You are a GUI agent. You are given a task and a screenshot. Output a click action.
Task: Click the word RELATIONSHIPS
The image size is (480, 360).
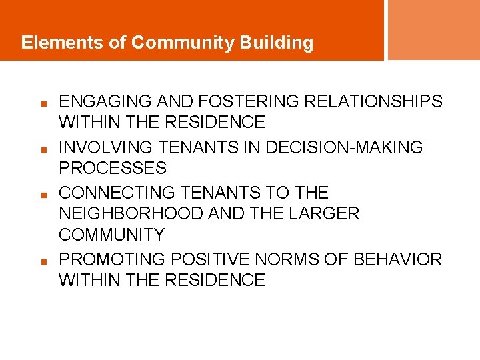click(x=373, y=101)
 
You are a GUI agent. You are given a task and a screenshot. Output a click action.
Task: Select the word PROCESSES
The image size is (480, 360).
click(x=113, y=167)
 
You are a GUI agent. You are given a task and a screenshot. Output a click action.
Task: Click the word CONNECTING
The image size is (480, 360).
click(x=111, y=193)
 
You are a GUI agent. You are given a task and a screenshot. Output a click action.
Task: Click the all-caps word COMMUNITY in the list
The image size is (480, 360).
click(x=111, y=235)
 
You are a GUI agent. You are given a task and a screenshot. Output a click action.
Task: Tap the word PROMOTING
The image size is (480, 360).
click(x=111, y=259)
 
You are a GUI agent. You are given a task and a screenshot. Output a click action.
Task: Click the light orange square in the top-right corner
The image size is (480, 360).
click(x=433, y=29)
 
